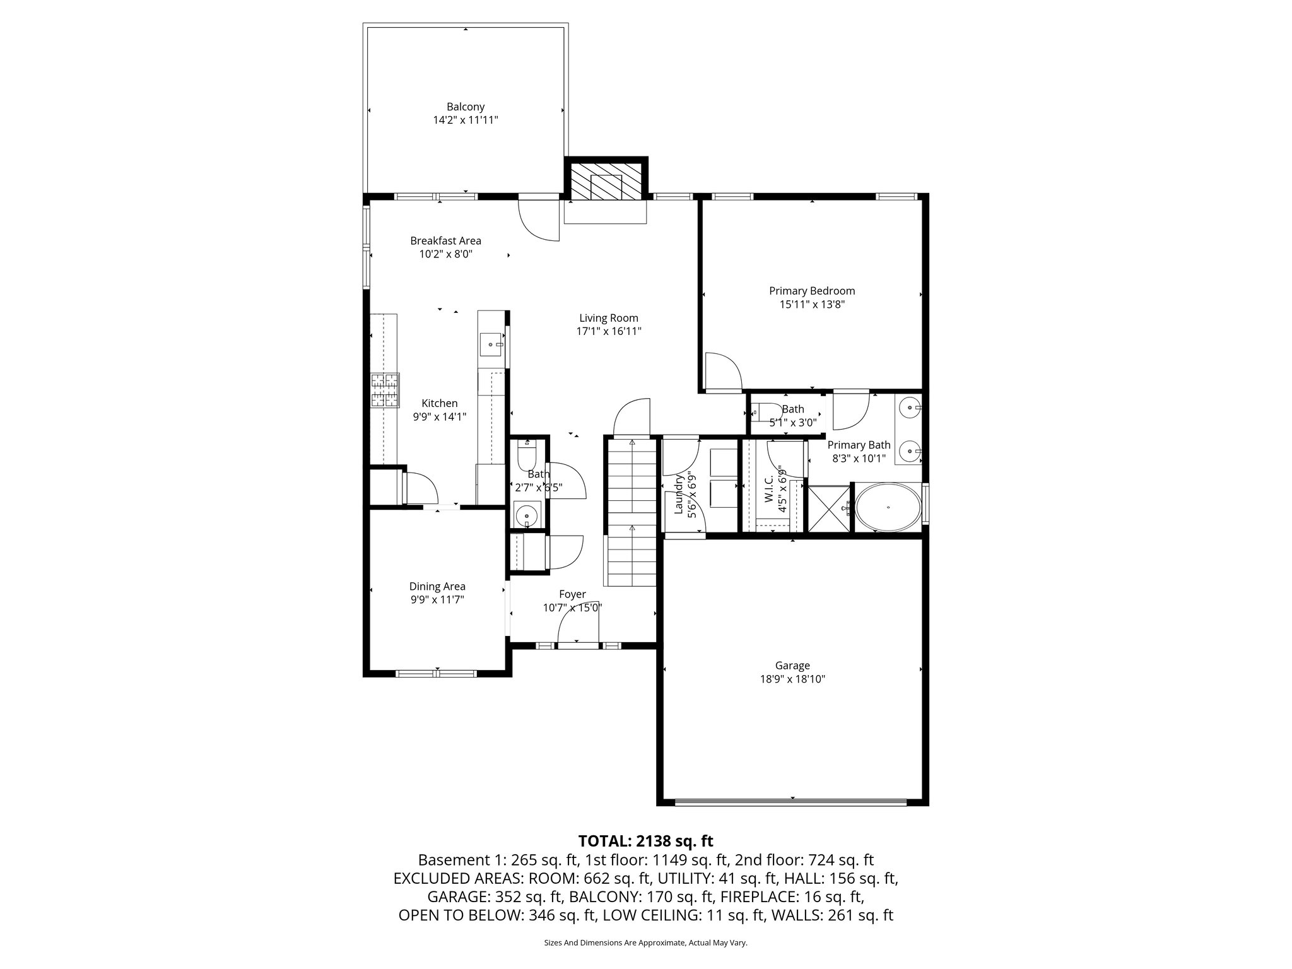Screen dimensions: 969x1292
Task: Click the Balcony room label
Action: (465, 107)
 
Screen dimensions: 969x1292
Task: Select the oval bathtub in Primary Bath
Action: (888, 507)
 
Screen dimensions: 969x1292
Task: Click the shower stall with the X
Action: (828, 508)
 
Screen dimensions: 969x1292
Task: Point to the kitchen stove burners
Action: (385, 390)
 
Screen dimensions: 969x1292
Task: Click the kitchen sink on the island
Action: (492, 345)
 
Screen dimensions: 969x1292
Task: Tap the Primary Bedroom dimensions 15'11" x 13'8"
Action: (812, 304)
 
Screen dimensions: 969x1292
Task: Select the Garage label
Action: (792, 665)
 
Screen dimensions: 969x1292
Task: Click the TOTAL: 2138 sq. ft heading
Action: (645, 840)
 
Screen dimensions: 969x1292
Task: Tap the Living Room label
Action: (609, 318)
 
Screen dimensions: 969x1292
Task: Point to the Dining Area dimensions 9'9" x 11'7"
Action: (437, 599)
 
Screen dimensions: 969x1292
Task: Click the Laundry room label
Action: (679, 495)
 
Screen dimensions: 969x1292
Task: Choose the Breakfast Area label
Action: (445, 240)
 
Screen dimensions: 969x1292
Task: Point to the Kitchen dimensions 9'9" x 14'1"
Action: (440, 416)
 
